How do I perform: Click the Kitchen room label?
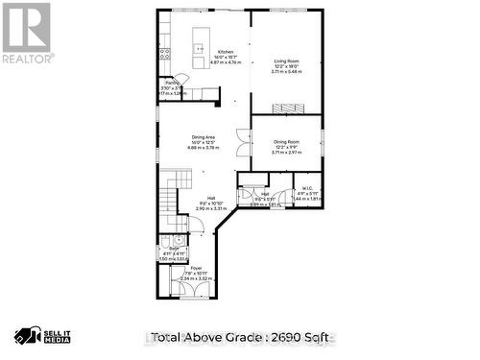point(225,52)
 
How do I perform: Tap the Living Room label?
point(286,60)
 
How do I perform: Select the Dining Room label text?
point(286,141)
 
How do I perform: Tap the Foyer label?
point(196,268)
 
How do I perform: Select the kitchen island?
point(199,44)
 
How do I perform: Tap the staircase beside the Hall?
point(169,197)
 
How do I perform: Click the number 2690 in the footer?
point(280,337)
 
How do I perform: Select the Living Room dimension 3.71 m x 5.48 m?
point(286,72)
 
